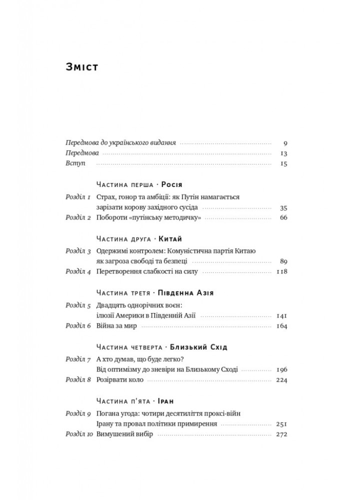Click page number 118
(x=281, y=272)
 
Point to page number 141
(x=281, y=315)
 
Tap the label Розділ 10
(x=78, y=434)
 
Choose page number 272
(x=281, y=434)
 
